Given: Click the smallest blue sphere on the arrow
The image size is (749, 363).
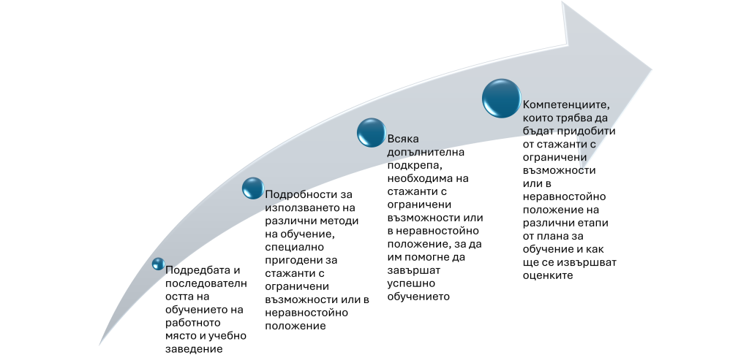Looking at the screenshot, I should tap(158, 264).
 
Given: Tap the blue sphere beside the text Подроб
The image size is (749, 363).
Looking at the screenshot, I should tap(252, 188).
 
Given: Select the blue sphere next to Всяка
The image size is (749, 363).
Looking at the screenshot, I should tap(371, 133).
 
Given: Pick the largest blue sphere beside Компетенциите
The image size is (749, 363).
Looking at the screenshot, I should tap(501, 98).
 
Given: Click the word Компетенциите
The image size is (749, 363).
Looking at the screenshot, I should tap(566, 104).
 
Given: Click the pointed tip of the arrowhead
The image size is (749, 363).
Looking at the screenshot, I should tap(652, 70).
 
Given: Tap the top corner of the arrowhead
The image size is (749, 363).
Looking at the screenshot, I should tap(562, 2).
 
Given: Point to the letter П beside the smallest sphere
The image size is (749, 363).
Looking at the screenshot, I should tap(170, 270).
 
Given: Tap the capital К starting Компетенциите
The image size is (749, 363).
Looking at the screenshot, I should tap(527, 104).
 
